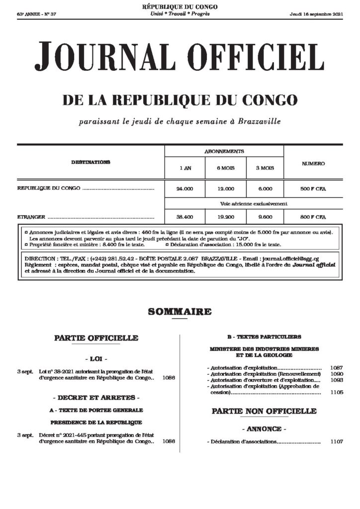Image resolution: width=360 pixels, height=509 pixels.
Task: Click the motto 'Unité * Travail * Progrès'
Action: [180, 13]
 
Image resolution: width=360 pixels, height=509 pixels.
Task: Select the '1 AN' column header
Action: [185, 169]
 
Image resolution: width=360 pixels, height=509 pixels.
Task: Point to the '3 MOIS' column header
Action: [265, 169]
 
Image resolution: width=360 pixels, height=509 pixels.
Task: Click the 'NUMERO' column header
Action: [313, 164]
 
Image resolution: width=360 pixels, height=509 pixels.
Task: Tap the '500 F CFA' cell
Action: [313, 189]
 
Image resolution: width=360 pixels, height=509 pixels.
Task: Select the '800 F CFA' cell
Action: [313, 217]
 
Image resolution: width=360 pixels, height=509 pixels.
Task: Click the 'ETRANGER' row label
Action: [31, 217]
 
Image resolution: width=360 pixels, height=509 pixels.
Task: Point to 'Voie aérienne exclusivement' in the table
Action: [254, 203]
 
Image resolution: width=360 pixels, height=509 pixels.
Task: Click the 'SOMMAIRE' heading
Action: [180, 312]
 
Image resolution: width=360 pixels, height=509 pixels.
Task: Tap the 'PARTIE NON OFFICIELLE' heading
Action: [264, 411]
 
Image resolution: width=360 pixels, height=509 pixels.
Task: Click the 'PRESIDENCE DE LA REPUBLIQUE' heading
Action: [96, 422]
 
